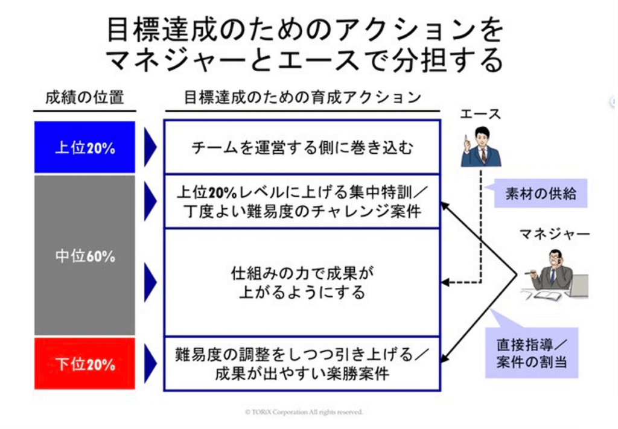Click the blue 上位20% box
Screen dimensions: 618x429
[x=84, y=147]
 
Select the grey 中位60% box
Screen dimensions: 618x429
[x=84, y=255]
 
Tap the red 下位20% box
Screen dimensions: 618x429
[x=84, y=363]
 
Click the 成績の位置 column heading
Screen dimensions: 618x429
[x=84, y=97]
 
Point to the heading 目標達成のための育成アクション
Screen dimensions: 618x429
[x=302, y=97]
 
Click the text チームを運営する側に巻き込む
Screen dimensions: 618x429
[x=302, y=148]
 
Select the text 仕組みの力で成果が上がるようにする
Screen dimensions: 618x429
[x=302, y=282]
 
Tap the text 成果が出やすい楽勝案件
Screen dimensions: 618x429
[x=302, y=373]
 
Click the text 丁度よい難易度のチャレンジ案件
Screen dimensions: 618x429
[x=302, y=212]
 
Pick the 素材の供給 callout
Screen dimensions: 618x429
[x=540, y=194]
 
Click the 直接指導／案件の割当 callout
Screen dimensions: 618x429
[x=532, y=353]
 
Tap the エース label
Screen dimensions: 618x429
[x=480, y=114]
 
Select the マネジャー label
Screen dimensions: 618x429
[x=555, y=234]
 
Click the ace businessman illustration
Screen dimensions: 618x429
[x=480, y=146]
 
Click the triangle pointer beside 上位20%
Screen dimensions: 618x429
[x=150, y=147]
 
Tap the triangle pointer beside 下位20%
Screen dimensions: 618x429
[x=150, y=363]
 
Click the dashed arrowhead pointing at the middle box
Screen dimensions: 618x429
[x=445, y=282]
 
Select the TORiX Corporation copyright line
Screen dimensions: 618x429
[x=304, y=412]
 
